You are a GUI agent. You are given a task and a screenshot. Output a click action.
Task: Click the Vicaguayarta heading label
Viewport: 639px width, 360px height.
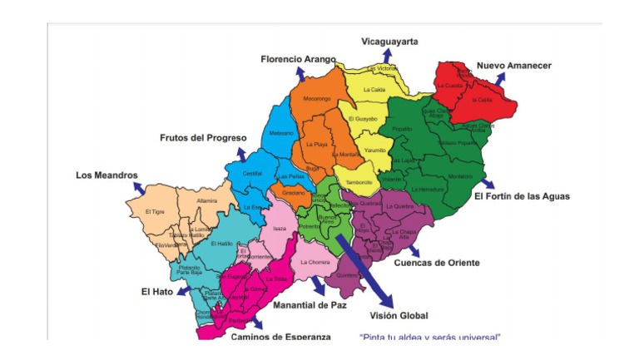(389, 42)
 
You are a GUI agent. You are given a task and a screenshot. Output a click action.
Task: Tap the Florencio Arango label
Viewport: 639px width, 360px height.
(298, 60)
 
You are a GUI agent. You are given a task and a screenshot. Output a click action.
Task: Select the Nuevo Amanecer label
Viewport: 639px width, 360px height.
(513, 65)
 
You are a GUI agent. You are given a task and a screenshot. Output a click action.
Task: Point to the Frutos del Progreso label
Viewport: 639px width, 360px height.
(203, 138)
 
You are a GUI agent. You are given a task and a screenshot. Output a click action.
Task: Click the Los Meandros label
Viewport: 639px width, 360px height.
(106, 175)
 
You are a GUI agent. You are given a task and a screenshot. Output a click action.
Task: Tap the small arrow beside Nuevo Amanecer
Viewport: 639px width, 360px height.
(499, 77)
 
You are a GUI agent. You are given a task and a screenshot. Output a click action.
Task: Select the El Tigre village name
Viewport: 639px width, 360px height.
(154, 212)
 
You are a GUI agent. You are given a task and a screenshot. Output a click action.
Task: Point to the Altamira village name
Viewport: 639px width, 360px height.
(206, 201)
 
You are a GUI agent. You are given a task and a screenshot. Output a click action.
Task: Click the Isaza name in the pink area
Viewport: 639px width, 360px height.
(279, 228)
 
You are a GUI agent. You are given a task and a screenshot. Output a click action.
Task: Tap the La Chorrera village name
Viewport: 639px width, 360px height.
(315, 263)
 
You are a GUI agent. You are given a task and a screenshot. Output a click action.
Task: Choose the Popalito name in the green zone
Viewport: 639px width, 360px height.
(402, 129)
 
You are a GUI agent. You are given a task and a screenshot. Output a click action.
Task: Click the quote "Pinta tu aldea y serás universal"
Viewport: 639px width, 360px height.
(429, 337)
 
